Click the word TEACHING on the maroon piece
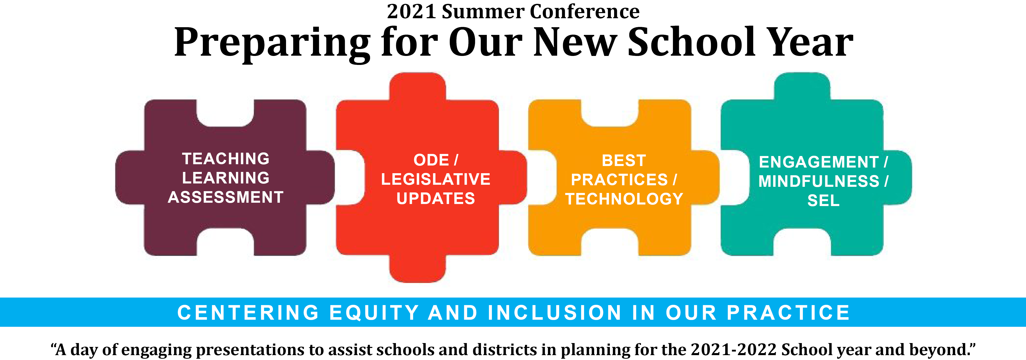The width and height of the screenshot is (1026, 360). pos(226,159)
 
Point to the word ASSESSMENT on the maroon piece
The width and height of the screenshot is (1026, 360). pos(226,197)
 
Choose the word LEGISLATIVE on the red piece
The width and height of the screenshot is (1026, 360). pos(436,179)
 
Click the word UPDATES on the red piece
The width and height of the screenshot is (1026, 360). pos(436,198)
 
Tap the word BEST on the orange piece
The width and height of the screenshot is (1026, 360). pos(624,160)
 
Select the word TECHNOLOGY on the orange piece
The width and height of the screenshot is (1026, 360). pos(624,199)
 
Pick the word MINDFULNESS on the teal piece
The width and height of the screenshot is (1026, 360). pos(819,181)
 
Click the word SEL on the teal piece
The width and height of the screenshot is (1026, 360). pos(823,200)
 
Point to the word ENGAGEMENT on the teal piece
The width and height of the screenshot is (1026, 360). pos(819,162)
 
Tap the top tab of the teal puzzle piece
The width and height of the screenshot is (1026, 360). pos(802,86)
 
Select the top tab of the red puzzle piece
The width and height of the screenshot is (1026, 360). pos(417,86)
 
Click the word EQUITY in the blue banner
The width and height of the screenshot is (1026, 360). pos(374,313)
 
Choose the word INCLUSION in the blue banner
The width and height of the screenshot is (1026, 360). pos(555,313)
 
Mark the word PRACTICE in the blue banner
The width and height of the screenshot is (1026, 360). pos(788,313)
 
